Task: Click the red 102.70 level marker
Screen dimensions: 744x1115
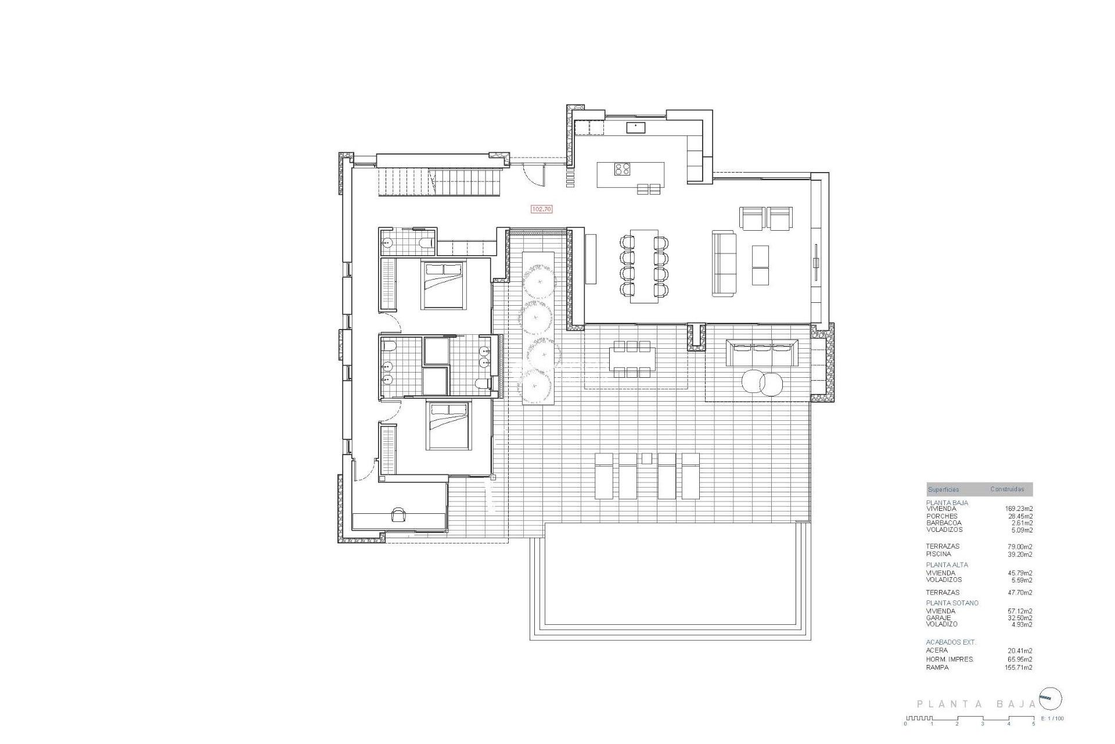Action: (x=541, y=209)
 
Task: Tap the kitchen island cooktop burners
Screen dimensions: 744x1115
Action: (x=623, y=169)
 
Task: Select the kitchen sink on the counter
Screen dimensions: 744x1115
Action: (x=635, y=127)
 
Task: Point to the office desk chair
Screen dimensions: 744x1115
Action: (x=399, y=514)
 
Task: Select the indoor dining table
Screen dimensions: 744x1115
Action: (x=644, y=266)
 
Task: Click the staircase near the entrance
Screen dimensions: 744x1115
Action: (x=439, y=181)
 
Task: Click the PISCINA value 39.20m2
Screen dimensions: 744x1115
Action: (x=1020, y=555)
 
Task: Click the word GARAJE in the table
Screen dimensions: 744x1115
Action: (x=938, y=618)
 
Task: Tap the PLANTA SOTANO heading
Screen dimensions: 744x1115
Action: (x=952, y=603)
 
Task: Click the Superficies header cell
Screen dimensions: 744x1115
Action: (x=944, y=489)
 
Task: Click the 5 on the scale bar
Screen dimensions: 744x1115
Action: (x=1034, y=724)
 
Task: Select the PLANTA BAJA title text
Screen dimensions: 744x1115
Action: (x=976, y=704)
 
